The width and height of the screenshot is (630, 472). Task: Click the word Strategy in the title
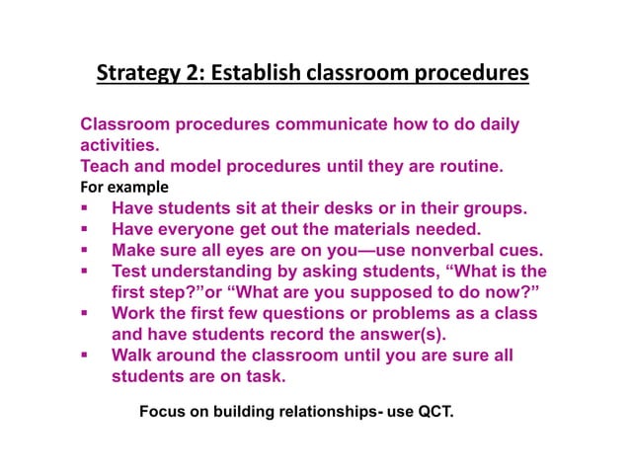point(135,74)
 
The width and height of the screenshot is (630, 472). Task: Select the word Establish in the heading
point(253,74)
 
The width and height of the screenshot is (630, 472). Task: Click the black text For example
point(124,187)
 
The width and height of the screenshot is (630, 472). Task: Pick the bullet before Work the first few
point(86,313)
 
